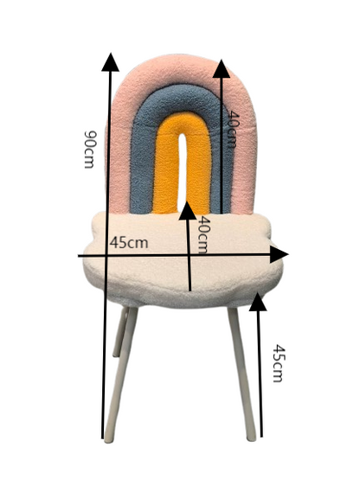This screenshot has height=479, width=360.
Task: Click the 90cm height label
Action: (90, 150)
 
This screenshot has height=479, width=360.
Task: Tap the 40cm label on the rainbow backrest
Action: (233, 129)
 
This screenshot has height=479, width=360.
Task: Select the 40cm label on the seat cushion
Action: (202, 234)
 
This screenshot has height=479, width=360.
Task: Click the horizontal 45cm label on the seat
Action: (129, 243)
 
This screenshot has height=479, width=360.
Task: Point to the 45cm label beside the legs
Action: (279, 363)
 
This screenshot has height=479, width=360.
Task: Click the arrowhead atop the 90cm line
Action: (110, 62)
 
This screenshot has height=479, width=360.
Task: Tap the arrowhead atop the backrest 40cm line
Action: (222, 68)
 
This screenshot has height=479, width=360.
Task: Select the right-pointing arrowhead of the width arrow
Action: (279, 254)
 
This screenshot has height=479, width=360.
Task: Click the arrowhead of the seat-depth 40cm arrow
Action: (187, 211)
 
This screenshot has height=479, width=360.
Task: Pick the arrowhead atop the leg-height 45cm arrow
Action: (258, 302)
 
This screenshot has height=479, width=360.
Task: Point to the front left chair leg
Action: (120, 374)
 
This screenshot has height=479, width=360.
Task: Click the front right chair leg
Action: (242, 374)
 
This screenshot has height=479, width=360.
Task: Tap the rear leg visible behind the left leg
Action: (120, 332)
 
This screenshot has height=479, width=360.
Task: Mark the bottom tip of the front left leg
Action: (108, 440)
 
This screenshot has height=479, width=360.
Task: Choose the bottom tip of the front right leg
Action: (252, 439)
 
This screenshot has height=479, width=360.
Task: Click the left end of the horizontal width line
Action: (78, 256)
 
